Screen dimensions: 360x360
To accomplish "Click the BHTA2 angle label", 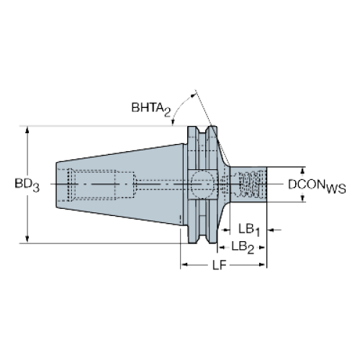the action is [x=151, y=109].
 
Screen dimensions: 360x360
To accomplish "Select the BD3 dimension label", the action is [x=27, y=185].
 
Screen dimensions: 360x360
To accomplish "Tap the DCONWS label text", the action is [x=317, y=186].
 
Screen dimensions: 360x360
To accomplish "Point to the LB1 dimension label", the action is [x=249, y=230].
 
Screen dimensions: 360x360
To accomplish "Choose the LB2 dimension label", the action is [x=243, y=247].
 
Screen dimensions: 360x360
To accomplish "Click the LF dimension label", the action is [x=220, y=265].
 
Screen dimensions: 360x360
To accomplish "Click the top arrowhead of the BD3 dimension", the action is [x=27, y=130].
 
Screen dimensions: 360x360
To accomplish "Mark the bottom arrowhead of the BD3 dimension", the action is [x=27, y=239].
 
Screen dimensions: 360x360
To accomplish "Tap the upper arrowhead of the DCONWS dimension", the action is [x=302, y=171].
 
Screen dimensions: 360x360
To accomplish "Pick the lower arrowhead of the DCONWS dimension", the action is [x=302, y=198].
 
